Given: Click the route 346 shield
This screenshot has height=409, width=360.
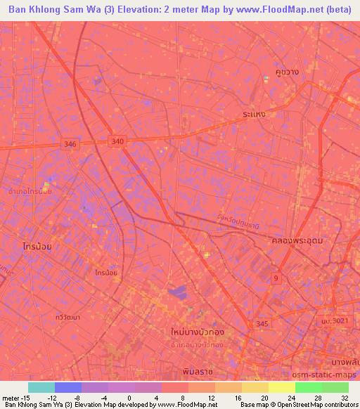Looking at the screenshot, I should (70, 144).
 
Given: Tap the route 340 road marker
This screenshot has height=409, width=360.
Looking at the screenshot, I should (117, 142).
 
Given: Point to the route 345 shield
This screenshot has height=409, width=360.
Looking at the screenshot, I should (263, 323).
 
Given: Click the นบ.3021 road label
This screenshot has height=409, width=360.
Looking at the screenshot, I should (335, 320).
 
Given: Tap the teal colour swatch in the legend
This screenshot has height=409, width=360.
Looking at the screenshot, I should (41, 387).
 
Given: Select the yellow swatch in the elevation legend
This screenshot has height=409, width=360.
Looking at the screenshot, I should (281, 387).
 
